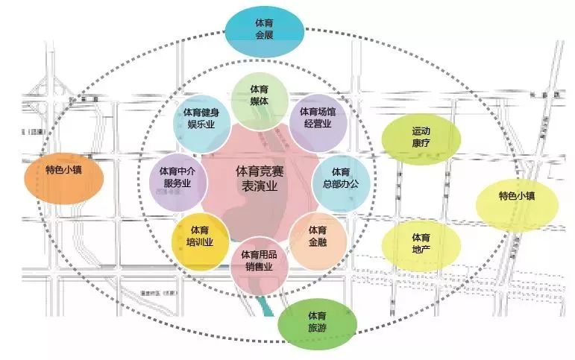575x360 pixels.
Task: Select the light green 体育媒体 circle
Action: (x=260, y=95)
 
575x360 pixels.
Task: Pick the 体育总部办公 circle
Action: (x=340, y=179)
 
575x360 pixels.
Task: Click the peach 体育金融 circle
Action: (x=318, y=239)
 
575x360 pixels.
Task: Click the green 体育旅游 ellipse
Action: (x=318, y=323)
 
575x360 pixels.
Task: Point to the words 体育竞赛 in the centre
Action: (x=257, y=171)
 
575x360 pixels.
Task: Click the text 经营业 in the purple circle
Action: (x=318, y=125)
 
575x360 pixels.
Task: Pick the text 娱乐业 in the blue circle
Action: (x=201, y=125)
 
